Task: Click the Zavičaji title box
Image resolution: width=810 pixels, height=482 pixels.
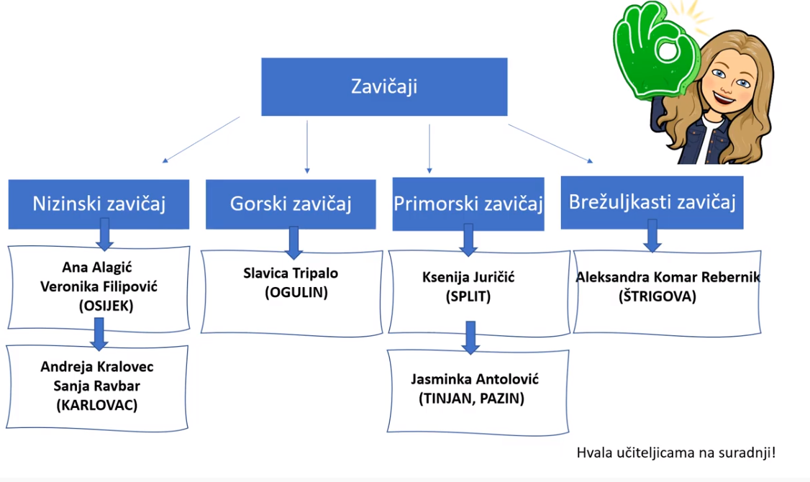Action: coord(384,87)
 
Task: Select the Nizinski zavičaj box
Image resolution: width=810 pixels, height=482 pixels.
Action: coord(99,204)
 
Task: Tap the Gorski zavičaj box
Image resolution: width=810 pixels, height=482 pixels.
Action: coord(291,204)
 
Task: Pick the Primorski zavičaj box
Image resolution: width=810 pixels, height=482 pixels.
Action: coord(468,204)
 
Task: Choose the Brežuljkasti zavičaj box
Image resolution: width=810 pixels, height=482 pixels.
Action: coord(652,203)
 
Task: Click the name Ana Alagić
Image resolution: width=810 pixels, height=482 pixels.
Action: coord(97,268)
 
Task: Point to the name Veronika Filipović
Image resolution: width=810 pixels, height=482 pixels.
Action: coord(99,287)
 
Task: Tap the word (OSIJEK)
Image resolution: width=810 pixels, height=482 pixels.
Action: coord(106,306)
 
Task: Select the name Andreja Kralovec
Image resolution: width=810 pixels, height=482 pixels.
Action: coord(97,367)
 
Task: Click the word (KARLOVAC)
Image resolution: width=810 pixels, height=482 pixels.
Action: coord(97,405)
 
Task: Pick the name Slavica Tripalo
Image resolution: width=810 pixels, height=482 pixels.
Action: coord(291,273)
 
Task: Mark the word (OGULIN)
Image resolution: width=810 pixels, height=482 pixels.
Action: coord(296,293)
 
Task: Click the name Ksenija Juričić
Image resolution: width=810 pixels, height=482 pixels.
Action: coord(468,278)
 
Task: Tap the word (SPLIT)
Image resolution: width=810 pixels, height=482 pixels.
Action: coord(468,296)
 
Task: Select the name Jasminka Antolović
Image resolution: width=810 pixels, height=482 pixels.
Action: coord(475,380)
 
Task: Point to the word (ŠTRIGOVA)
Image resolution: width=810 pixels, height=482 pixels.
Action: coord(657,296)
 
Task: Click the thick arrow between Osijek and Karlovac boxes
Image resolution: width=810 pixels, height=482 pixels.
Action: coord(99,334)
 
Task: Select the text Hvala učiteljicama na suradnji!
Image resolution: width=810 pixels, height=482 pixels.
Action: coord(676,453)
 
